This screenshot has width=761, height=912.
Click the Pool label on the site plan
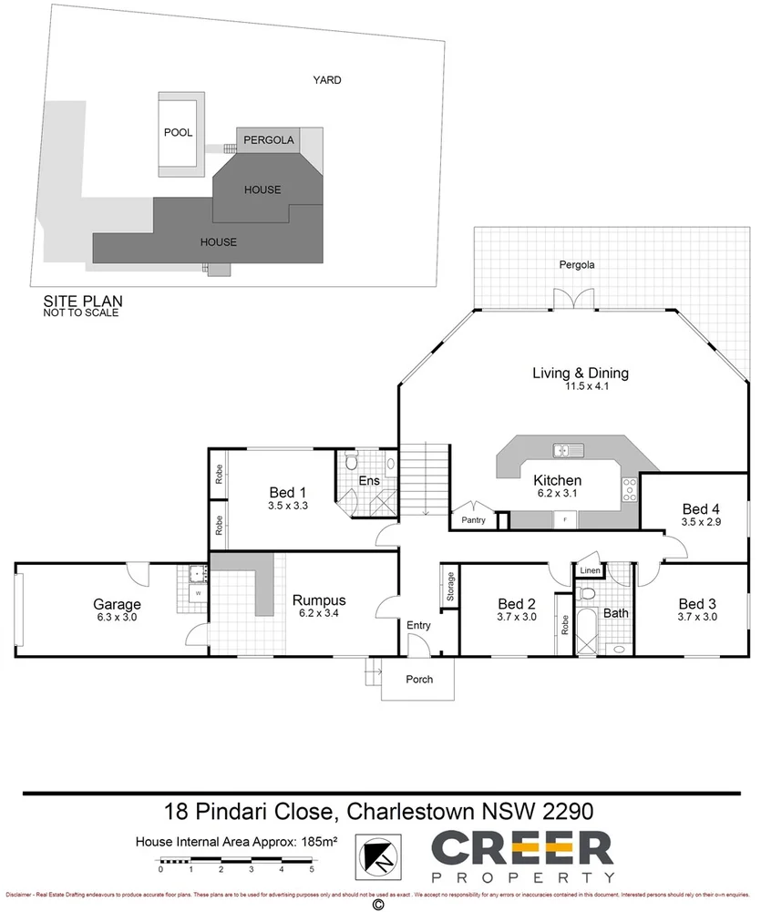tap(178, 132)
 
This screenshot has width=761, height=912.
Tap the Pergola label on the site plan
tap(268, 140)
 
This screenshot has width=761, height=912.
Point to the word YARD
tap(327, 80)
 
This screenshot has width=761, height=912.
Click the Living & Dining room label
tap(581, 373)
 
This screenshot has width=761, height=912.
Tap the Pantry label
tap(473, 520)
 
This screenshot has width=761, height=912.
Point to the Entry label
tap(418, 626)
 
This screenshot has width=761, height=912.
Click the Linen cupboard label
tap(590, 571)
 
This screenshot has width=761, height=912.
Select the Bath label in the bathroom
tap(617, 613)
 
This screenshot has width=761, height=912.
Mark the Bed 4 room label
tap(700, 508)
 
